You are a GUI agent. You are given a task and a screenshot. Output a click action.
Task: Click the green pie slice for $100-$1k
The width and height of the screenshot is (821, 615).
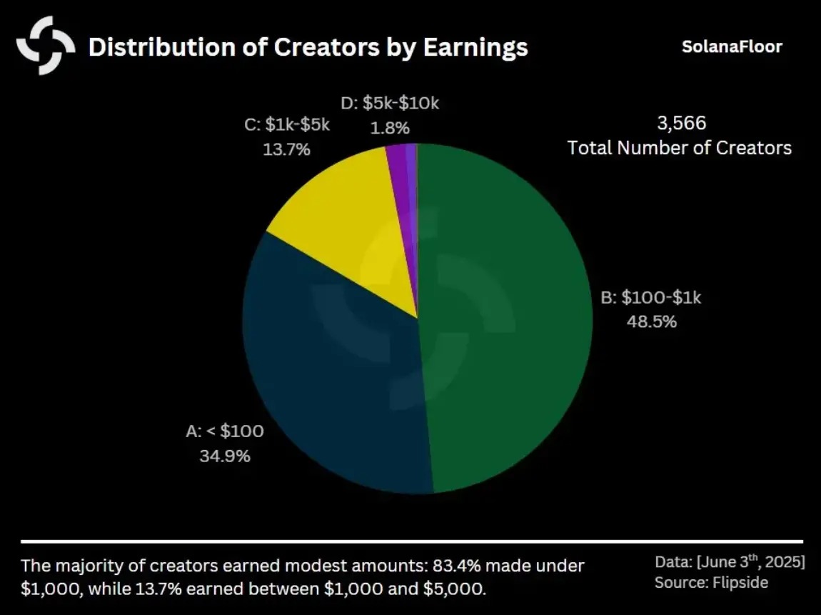coord(507,321)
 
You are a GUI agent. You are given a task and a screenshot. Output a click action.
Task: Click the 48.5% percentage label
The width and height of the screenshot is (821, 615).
coord(652,321)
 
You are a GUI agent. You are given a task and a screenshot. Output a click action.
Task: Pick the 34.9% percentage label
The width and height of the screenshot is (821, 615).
coord(225,455)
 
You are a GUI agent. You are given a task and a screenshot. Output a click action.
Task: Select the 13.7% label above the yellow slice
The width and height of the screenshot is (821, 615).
coord(286,150)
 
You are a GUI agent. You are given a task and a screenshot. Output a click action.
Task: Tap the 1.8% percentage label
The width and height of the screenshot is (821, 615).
coord(390,128)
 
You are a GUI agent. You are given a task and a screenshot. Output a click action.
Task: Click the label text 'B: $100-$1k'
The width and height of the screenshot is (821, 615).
coord(651,297)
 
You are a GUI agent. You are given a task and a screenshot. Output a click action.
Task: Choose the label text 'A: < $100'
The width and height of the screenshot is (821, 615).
coord(225,431)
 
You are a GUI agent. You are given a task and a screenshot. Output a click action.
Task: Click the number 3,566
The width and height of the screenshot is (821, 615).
coord(681,123)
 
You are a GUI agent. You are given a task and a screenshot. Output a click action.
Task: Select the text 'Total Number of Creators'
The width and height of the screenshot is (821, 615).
coord(679,148)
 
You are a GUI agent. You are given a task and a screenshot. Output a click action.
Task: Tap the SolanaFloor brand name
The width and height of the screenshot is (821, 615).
coord(732,47)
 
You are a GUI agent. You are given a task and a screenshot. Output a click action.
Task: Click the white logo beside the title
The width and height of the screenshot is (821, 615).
coord(46,46)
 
